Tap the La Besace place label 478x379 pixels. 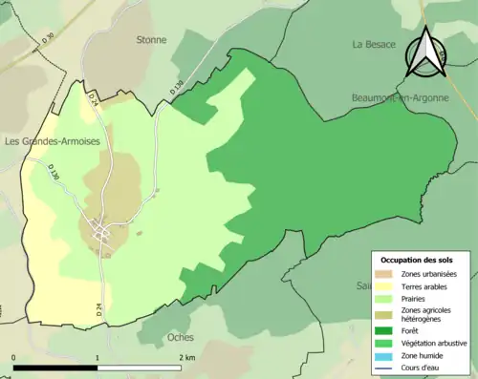[x=374, y=44]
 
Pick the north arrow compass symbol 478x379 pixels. [x=424, y=53]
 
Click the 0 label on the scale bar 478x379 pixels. [x=14, y=357]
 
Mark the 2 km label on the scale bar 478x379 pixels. [x=186, y=357]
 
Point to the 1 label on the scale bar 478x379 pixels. [x=97, y=357]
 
